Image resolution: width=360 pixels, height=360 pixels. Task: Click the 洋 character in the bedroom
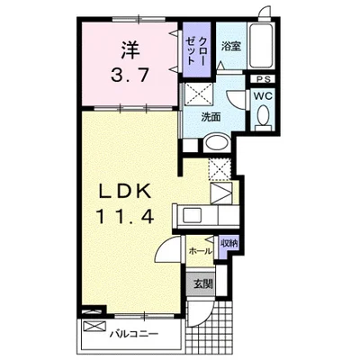coord(130,50)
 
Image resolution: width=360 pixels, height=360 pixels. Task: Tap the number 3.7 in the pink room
coord(130,75)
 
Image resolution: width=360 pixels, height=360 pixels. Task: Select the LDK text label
coord(125,191)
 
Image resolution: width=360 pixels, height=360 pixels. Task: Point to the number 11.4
coord(125,216)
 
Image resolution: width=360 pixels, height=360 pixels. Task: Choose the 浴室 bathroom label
coord(231,46)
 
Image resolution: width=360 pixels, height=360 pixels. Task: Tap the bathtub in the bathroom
coord(261,46)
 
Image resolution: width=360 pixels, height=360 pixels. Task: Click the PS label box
coord(264,79)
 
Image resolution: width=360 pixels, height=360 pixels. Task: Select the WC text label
coord(263,96)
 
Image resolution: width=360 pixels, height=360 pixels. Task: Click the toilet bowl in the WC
coord(264,115)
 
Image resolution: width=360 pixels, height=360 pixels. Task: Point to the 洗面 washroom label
coord(211,117)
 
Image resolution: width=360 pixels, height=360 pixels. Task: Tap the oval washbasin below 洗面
coord(217,143)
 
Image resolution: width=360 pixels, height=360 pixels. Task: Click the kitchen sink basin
coord(192,214)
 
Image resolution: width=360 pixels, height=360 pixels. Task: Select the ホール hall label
coord(200,251)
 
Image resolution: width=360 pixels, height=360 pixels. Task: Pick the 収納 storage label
coord(229,243)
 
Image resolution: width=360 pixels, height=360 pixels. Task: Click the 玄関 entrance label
coord(202,283)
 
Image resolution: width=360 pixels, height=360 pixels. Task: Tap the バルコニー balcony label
coord(133,334)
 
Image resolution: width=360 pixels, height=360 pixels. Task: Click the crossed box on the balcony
coord(94,326)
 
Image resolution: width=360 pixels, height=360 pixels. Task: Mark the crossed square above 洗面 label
coord(199,94)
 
